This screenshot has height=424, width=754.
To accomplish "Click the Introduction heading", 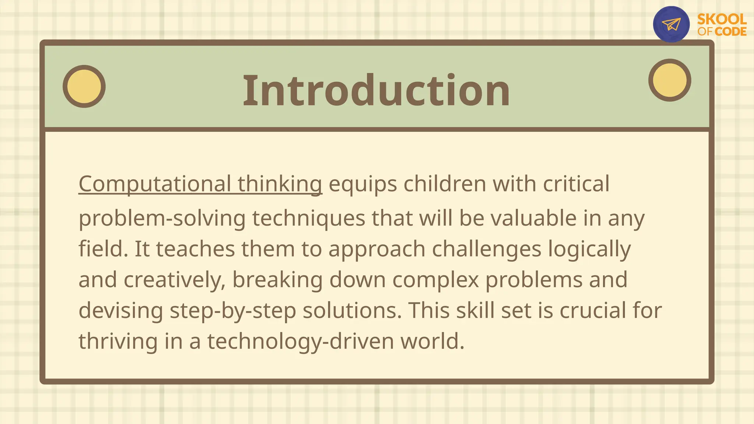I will coord(376,91).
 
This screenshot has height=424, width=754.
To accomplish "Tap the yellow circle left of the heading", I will coord(84,86).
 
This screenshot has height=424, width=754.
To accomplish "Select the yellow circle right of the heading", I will coord(669,80).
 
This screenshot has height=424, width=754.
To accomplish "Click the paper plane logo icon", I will coord(671,24).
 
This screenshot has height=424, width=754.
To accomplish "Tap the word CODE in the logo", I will coord(730,32).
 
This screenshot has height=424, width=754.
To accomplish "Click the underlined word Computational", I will coord(155,184).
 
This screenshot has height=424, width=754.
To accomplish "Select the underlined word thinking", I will coord(280,184).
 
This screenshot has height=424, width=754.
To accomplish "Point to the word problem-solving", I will coord(162,218).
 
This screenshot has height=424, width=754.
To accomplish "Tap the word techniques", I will coord(309,218).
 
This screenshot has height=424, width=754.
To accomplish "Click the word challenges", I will coord(486,249).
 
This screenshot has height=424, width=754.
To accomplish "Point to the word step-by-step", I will coord(233,311).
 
